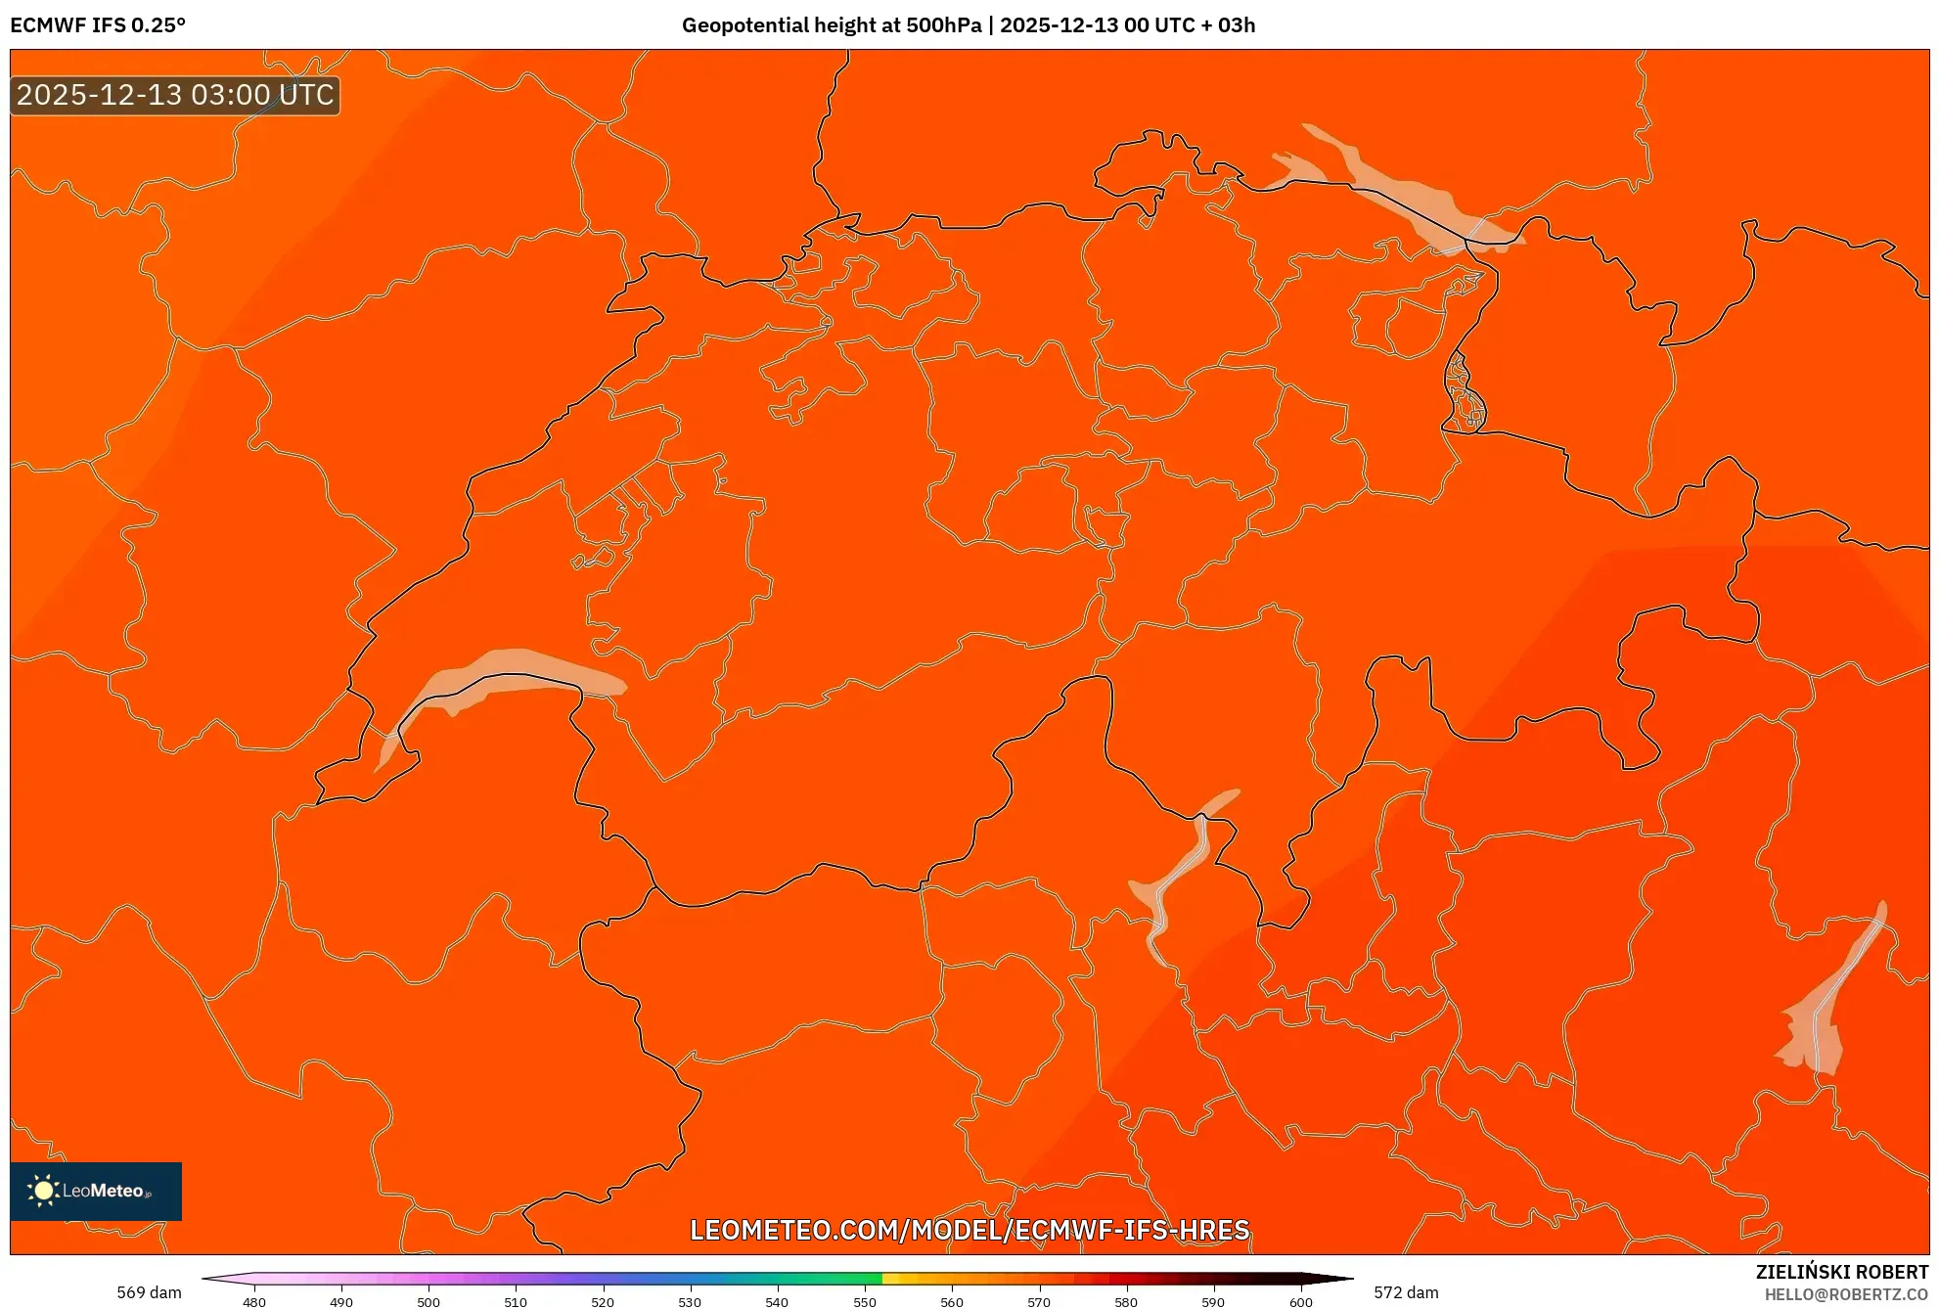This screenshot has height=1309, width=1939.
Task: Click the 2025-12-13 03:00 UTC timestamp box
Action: click(x=175, y=95)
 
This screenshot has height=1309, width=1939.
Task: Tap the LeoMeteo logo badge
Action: click(x=96, y=1191)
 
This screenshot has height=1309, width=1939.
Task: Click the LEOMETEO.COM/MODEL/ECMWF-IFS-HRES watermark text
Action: click(x=969, y=1230)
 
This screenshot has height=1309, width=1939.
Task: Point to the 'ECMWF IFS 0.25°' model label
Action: click(x=98, y=25)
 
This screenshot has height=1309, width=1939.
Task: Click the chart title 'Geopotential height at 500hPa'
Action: click(x=831, y=25)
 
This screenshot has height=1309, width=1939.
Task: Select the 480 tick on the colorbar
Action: click(x=254, y=1301)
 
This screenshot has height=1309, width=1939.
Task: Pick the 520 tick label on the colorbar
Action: click(x=603, y=1301)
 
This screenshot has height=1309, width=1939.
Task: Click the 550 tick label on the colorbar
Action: click(x=865, y=1301)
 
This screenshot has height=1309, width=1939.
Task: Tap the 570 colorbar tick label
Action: click(x=1039, y=1301)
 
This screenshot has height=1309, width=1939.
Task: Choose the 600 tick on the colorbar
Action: click(x=1300, y=1301)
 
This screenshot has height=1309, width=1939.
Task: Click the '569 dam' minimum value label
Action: click(x=149, y=1292)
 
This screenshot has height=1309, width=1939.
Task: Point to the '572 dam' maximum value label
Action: click(x=1406, y=1292)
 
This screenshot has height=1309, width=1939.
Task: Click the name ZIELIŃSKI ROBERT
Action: click(x=1841, y=1272)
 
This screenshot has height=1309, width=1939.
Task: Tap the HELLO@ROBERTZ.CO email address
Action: click(x=1846, y=1294)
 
